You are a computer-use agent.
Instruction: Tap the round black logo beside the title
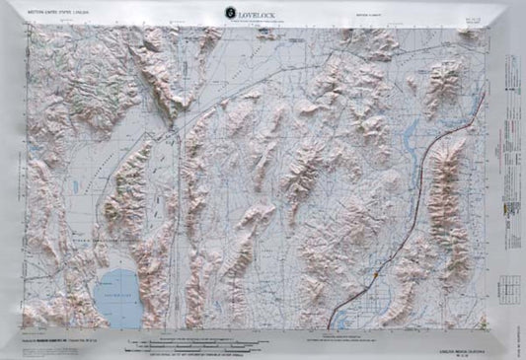[231, 12]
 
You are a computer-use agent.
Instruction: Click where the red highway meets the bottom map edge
[331, 326]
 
